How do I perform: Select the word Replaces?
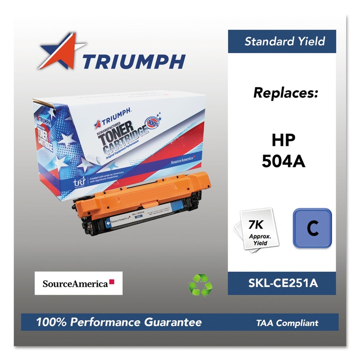point(285,93)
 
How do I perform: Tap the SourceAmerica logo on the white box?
point(78,283)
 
